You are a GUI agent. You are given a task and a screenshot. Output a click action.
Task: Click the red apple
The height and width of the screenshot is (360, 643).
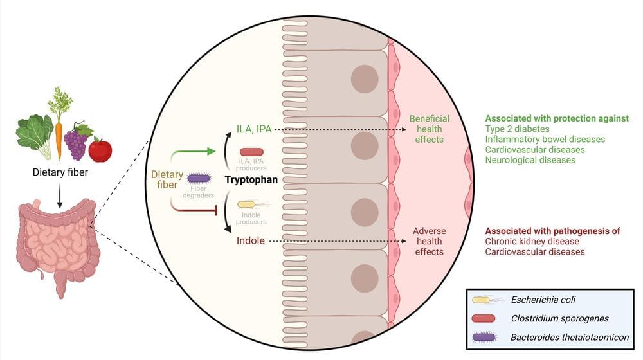[x=100, y=150]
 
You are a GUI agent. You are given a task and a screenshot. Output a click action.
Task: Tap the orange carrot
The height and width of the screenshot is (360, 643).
[x=59, y=136]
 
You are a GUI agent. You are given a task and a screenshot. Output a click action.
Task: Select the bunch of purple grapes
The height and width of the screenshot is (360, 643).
[x=77, y=143]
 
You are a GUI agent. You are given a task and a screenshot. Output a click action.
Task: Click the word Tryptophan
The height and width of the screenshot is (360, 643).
[x=251, y=180]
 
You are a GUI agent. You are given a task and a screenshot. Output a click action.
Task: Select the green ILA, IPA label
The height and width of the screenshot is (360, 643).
[x=255, y=129]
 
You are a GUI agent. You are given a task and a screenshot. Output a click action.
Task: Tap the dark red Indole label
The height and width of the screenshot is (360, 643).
[x=249, y=241]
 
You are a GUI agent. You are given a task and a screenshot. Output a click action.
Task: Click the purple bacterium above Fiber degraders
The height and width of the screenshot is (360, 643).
[x=199, y=177]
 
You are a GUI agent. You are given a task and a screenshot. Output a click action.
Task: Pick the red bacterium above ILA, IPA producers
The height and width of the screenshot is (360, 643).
[x=251, y=151]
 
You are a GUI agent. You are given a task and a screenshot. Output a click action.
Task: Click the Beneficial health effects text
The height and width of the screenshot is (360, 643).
[x=430, y=129]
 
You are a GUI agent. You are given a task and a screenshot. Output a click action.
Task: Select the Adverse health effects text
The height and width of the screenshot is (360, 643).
[x=429, y=241]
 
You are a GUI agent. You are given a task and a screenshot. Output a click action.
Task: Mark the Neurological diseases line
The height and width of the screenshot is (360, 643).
[x=530, y=159]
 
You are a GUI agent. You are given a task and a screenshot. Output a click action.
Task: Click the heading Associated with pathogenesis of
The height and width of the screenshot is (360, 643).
[x=552, y=231]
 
